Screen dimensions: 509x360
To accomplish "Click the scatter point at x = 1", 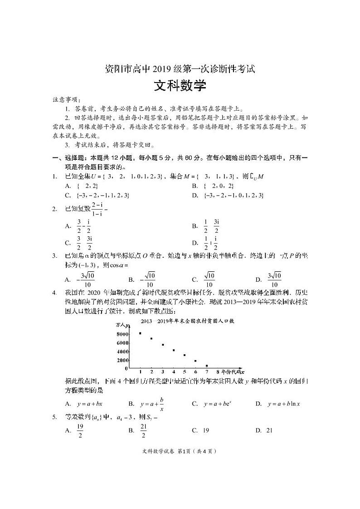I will click(x=140, y=333).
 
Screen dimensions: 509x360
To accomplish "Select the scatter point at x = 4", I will click(x=174, y=350).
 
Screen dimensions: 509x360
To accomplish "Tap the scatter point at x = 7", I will click(x=207, y=366).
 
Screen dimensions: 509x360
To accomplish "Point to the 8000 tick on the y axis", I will click(x=122, y=334).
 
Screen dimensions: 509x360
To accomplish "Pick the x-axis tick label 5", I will click(x=184, y=372).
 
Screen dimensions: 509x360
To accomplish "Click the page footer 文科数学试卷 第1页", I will click(x=180, y=451).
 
